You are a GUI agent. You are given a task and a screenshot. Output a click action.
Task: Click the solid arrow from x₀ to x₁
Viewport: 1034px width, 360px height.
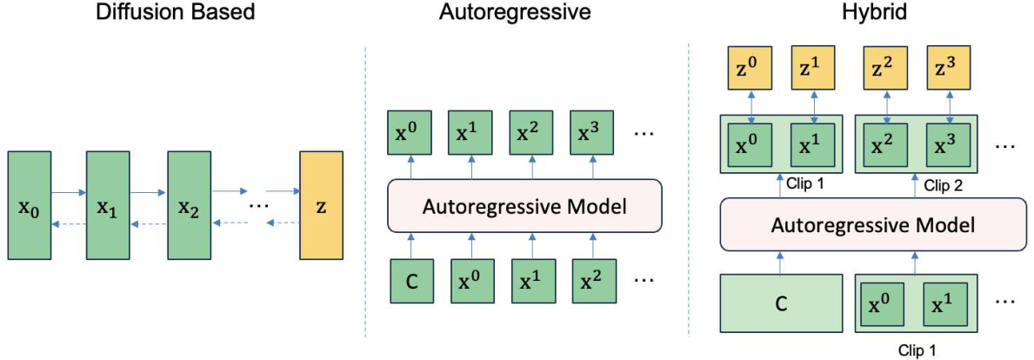pyautogui.click(x=69, y=193)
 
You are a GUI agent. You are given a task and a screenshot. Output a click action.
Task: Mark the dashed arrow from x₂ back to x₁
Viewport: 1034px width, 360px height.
pyautogui.click(x=149, y=225)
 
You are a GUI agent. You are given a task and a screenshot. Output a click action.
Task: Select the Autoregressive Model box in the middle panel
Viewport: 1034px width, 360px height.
pyautogui.click(x=524, y=205)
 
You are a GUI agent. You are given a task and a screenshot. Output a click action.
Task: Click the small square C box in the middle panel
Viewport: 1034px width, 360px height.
pyautogui.click(x=410, y=279)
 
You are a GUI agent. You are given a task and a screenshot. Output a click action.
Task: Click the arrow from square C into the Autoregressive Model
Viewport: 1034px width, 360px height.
pyautogui.click(x=410, y=246)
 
